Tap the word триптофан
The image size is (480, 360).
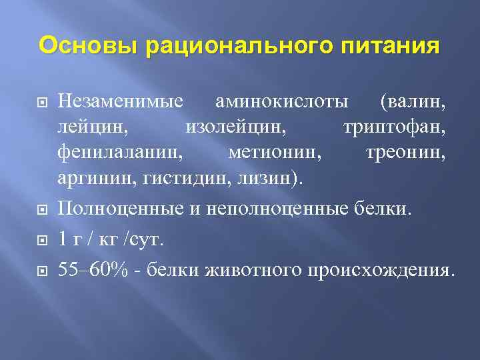click(x=394, y=127)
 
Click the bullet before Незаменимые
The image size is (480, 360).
click(x=42, y=103)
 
